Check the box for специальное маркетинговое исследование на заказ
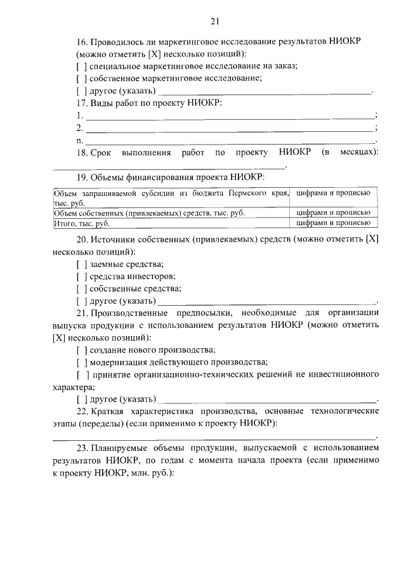pyautogui.click(x=81, y=67)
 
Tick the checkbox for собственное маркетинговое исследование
pyautogui.click(x=81, y=79)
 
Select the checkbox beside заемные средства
pyautogui.click(x=81, y=264)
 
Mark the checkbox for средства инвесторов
pyautogui.click(x=81, y=277)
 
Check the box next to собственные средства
pyautogui.click(x=81, y=289)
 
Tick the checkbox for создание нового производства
pyautogui.click(x=81, y=350)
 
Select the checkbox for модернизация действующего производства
pyautogui.click(x=81, y=363)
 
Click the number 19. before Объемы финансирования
pyautogui.click(x=82, y=177)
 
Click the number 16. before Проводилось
pyautogui.click(x=82, y=42)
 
